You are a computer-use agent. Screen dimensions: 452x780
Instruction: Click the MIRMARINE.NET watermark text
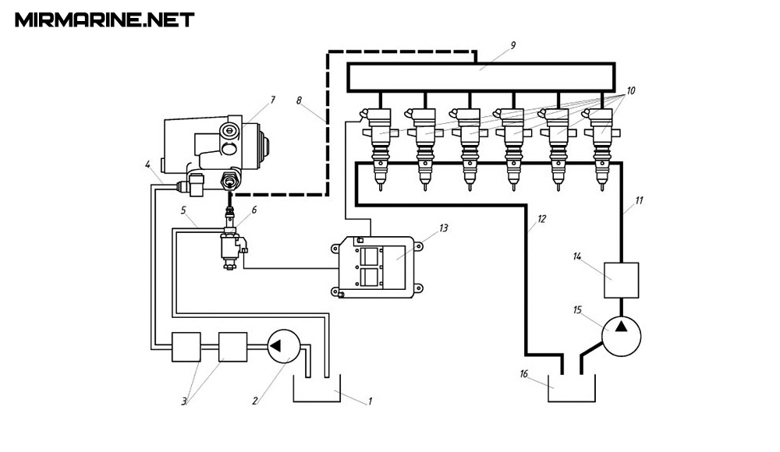point(105,19)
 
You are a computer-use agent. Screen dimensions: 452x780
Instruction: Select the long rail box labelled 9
point(480,77)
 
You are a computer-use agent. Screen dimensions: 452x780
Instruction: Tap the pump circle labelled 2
point(283,346)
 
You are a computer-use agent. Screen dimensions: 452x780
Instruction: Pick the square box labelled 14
point(621,280)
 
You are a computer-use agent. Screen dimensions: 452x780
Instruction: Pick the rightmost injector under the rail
point(602,144)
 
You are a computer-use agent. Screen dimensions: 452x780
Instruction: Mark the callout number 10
point(630,91)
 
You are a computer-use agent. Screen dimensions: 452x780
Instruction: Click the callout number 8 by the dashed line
point(299,101)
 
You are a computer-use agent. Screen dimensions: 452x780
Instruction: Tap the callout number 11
point(639,201)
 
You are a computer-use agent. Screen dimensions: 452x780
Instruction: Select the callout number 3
point(184,401)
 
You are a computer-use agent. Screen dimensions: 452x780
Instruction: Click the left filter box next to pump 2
point(186,346)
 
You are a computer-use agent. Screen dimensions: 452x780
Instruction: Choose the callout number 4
point(147,164)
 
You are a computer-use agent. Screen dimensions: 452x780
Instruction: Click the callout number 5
point(183,210)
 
